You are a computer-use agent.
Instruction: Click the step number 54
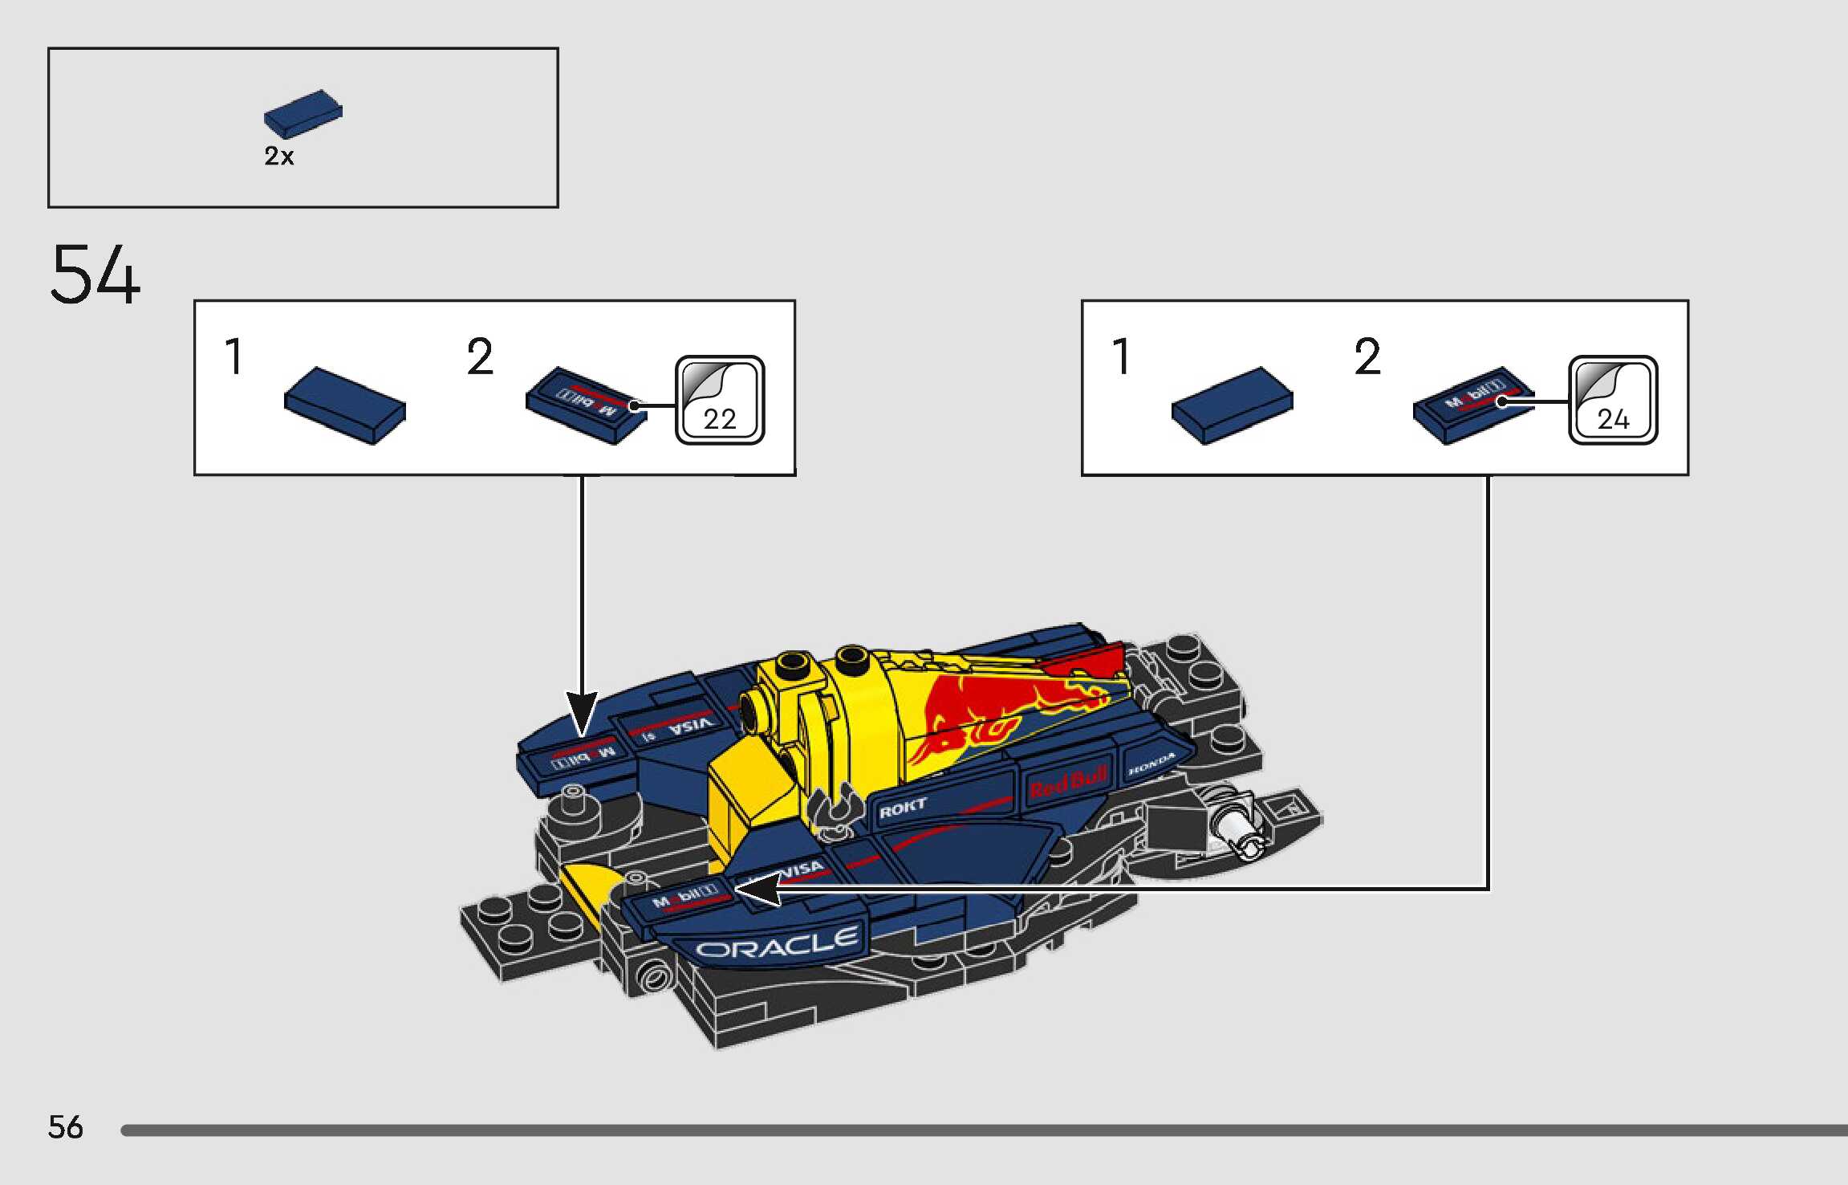95,275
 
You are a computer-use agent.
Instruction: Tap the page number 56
65,1127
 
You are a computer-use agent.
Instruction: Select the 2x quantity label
279,156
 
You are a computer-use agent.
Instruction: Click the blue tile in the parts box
303,112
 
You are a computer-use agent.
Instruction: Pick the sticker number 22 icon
720,400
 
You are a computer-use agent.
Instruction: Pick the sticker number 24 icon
1613,400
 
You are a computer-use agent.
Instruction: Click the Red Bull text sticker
1068,781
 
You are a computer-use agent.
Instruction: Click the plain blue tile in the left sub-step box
345,405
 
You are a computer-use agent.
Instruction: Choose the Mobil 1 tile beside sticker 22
585,405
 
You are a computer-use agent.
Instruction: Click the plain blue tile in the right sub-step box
1232,405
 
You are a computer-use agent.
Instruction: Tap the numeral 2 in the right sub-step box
1367,357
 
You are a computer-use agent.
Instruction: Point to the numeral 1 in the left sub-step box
234,357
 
